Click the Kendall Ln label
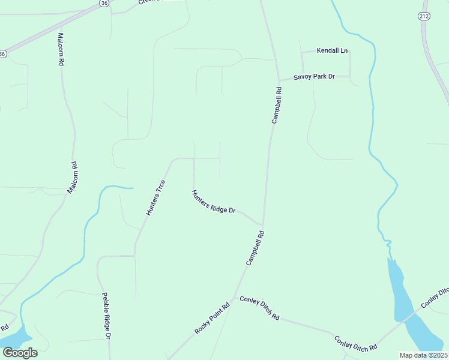click(333, 51)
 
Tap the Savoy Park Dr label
click(313, 77)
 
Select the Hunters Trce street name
click(155, 197)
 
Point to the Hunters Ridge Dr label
click(213, 202)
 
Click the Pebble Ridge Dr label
click(106, 316)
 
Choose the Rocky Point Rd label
click(212, 317)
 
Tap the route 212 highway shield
click(423, 17)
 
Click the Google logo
click(20, 352)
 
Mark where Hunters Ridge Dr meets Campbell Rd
click(263, 224)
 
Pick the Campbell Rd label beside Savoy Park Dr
click(277, 106)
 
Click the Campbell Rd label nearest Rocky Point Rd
click(255, 249)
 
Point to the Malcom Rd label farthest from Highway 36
click(72, 178)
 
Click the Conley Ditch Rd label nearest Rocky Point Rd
click(260, 307)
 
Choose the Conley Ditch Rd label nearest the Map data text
click(356, 343)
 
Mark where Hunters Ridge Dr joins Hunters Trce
click(193, 159)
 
